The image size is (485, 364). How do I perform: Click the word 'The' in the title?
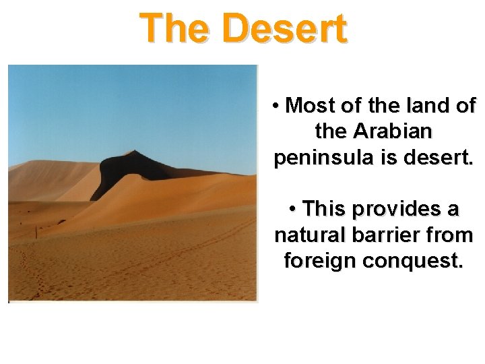pyautogui.click(x=177, y=28)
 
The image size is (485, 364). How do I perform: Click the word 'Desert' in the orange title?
pyautogui.click(x=286, y=28)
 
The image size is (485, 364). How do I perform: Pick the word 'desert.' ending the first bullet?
pyautogui.click(x=438, y=158)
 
